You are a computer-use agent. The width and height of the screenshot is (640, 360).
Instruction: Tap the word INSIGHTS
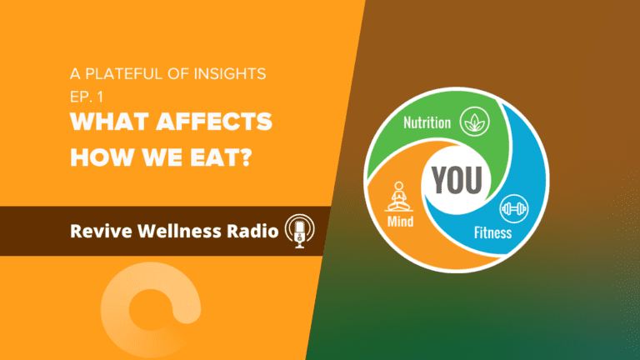(x=230, y=74)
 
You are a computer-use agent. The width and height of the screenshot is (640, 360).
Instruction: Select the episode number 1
(x=100, y=97)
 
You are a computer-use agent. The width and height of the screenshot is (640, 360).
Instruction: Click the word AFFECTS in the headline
(x=214, y=122)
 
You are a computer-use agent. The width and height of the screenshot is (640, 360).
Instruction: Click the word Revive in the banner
(x=101, y=231)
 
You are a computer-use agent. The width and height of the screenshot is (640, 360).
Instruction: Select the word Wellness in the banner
(x=179, y=231)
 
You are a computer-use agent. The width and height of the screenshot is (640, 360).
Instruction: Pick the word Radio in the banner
(x=252, y=231)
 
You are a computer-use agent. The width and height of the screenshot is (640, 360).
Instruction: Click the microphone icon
(x=300, y=231)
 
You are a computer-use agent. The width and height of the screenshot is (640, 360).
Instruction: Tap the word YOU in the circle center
(x=457, y=180)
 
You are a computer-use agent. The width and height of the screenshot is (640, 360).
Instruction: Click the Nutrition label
(x=427, y=122)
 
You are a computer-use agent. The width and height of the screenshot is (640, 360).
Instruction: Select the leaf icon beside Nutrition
(x=475, y=121)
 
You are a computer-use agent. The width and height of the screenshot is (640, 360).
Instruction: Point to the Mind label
(x=400, y=221)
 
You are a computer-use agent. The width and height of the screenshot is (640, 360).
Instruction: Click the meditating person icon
(x=399, y=197)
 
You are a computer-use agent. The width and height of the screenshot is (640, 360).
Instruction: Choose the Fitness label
(x=492, y=232)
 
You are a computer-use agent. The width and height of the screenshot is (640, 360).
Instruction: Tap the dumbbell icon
(x=514, y=208)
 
